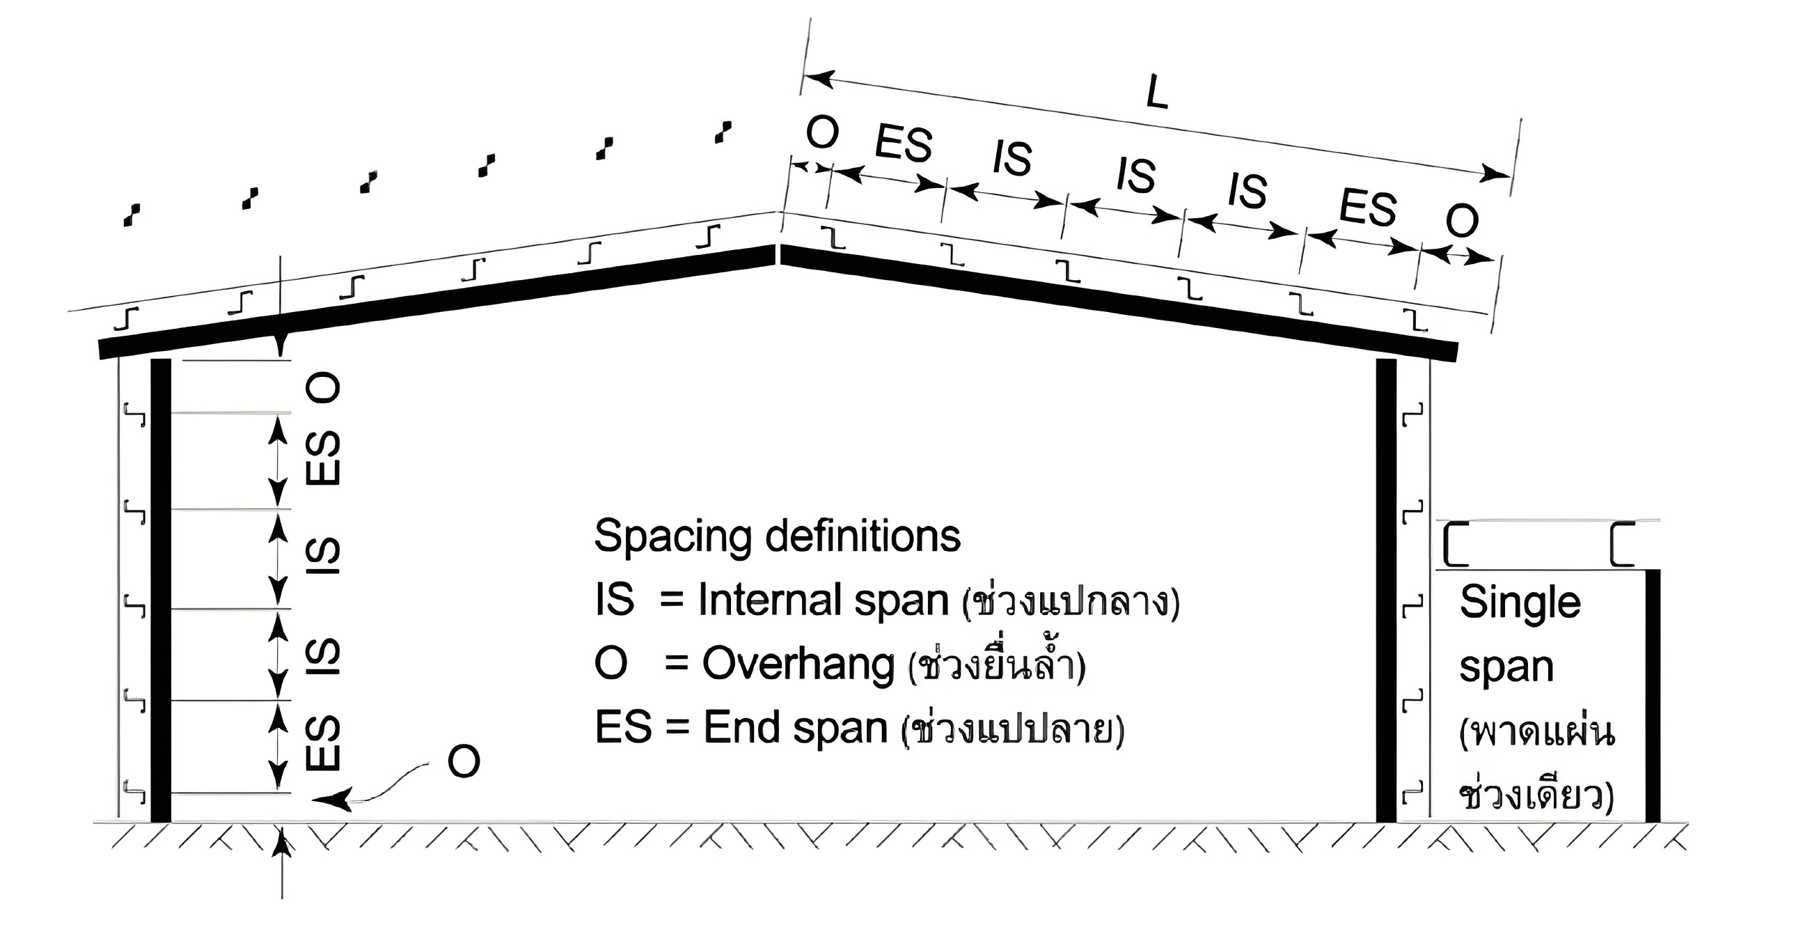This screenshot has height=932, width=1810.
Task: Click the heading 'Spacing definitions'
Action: pyautogui.click(x=777, y=536)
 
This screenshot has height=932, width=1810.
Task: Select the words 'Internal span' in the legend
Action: pyautogui.click(x=822, y=601)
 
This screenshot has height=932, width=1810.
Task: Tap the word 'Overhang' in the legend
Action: pyautogui.click(x=798, y=664)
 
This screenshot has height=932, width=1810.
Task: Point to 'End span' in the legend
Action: pyautogui.click(x=796, y=727)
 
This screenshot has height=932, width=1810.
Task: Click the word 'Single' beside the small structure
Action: pyautogui.click(x=1520, y=603)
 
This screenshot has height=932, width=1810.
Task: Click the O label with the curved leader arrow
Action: pyautogui.click(x=464, y=761)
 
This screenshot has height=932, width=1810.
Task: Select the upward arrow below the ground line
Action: pyautogui.click(x=282, y=844)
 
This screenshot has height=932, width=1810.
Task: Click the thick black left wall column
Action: pyautogui.click(x=161, y=591)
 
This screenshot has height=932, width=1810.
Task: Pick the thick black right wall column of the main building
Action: pyautogui.click(x=1385, y=591)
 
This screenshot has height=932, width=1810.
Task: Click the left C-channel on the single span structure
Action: pyautogui.click(x=1456, y=544)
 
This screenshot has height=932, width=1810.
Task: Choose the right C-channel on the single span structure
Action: pyautogui.click(x=1624, y=544)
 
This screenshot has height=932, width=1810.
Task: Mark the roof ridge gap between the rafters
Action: pyautogui.click(x=778, y=253)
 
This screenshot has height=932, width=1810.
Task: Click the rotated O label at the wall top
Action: pyautogui.click(x=324, y=387)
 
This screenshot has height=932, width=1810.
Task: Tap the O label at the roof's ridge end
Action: pyautogui.click(x=822, y=133)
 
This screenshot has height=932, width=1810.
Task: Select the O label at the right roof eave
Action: pyautogui.click(x=1462, y=221)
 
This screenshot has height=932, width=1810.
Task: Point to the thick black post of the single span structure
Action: pyautogui.click(x=1653, y=696)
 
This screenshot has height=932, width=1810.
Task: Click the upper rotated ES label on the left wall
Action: pyautogui.click(x=324, y=458)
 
